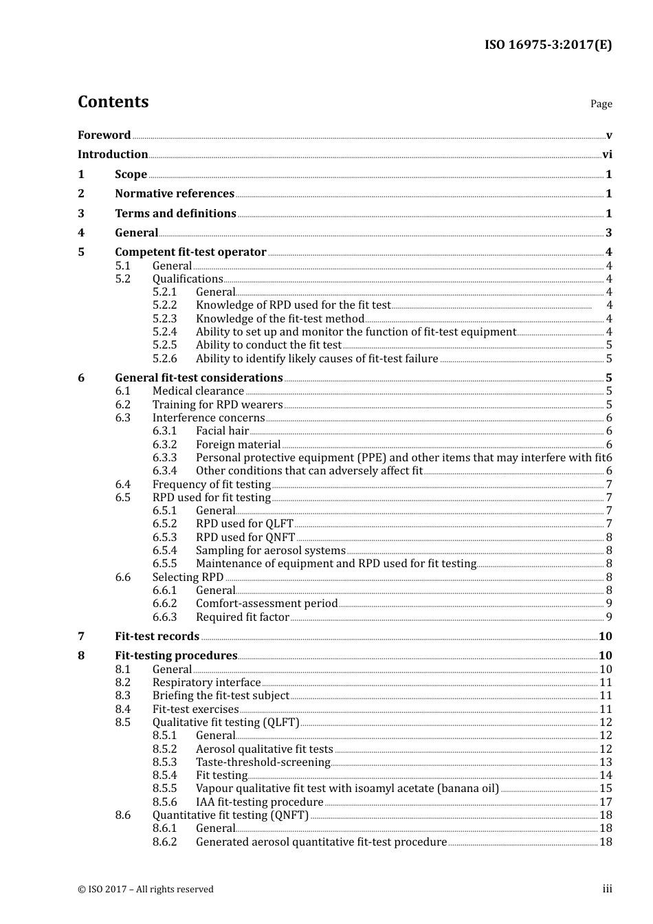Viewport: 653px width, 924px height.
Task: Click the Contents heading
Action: click(x=113, y=102)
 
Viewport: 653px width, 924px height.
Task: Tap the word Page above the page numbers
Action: click(x=601, y=104)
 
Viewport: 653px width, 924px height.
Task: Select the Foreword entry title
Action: click(x=104, y=135)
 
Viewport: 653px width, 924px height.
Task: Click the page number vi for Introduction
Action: click(x=607, y=155)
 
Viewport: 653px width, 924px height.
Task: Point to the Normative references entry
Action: click(x=175, y=194)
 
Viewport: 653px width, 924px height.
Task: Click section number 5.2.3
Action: click(x=164, y=318)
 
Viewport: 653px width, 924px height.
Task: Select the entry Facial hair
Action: click(x=222, y=431)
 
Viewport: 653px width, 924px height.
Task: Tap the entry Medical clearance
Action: click(x=198, y=391)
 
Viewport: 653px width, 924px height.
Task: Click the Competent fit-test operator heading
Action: click(x=190, y=252)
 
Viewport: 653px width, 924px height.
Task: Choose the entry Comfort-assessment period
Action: click(x=267, y=604)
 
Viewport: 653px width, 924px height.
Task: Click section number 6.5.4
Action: click(x=164, y=551)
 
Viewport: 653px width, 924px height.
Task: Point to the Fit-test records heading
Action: click(x=157, y=637)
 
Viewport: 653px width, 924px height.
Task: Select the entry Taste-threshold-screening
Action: click(x=263, y=762)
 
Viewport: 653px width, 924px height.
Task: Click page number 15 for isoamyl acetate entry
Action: click(x=606, y=789)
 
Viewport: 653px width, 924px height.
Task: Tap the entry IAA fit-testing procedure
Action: click(x=259, y=802)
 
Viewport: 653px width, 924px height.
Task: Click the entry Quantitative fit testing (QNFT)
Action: click(x=230, y=815)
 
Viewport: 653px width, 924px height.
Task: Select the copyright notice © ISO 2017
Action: click(x=146, y=890)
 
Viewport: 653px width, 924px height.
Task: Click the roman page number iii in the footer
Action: click(x=607, y=889)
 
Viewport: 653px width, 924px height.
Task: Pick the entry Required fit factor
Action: click(x=242, y=617)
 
